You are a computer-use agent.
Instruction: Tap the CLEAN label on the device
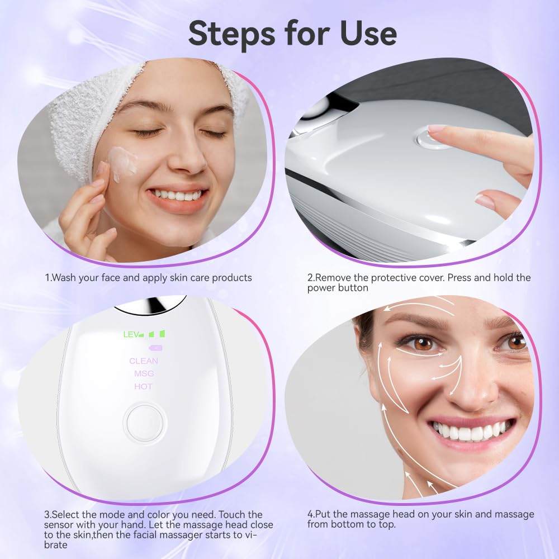[144, 361]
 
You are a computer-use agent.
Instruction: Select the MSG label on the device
[144, 373]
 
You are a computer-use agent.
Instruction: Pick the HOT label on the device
[144, 386]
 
